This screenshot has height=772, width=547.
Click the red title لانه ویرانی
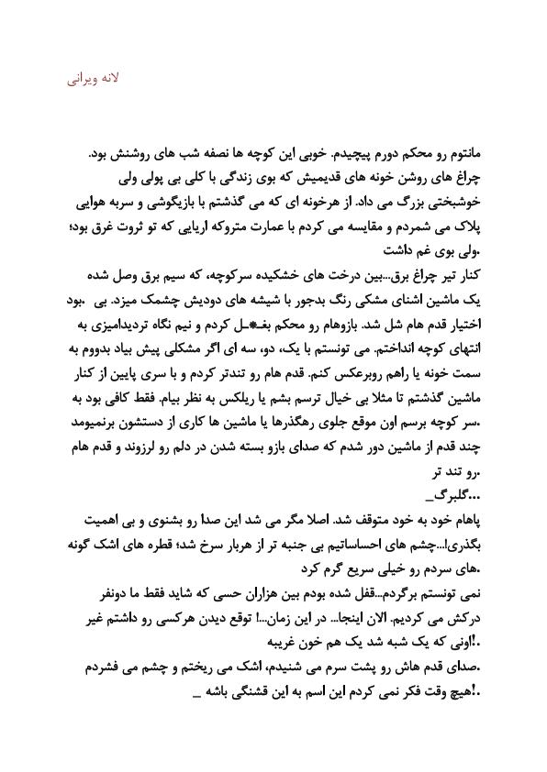95,80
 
